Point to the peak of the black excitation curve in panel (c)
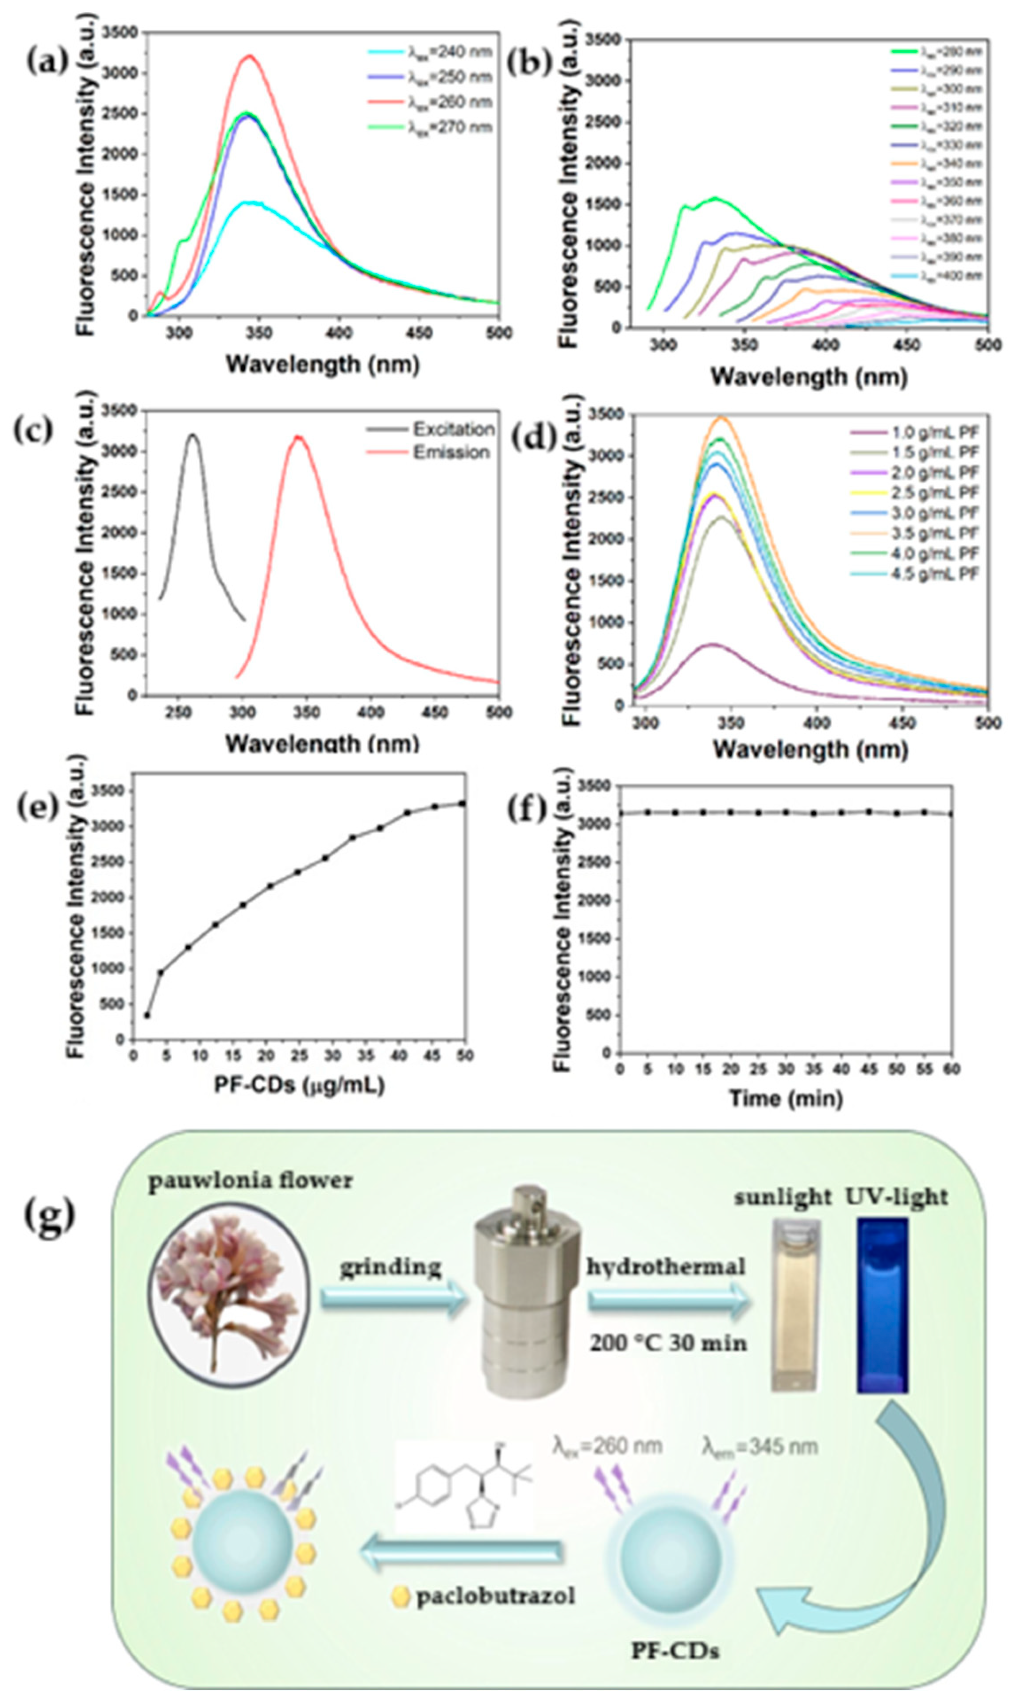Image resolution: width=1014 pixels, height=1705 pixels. pos(193,435)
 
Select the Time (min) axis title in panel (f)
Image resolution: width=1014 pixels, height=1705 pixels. pos(786,1098)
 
